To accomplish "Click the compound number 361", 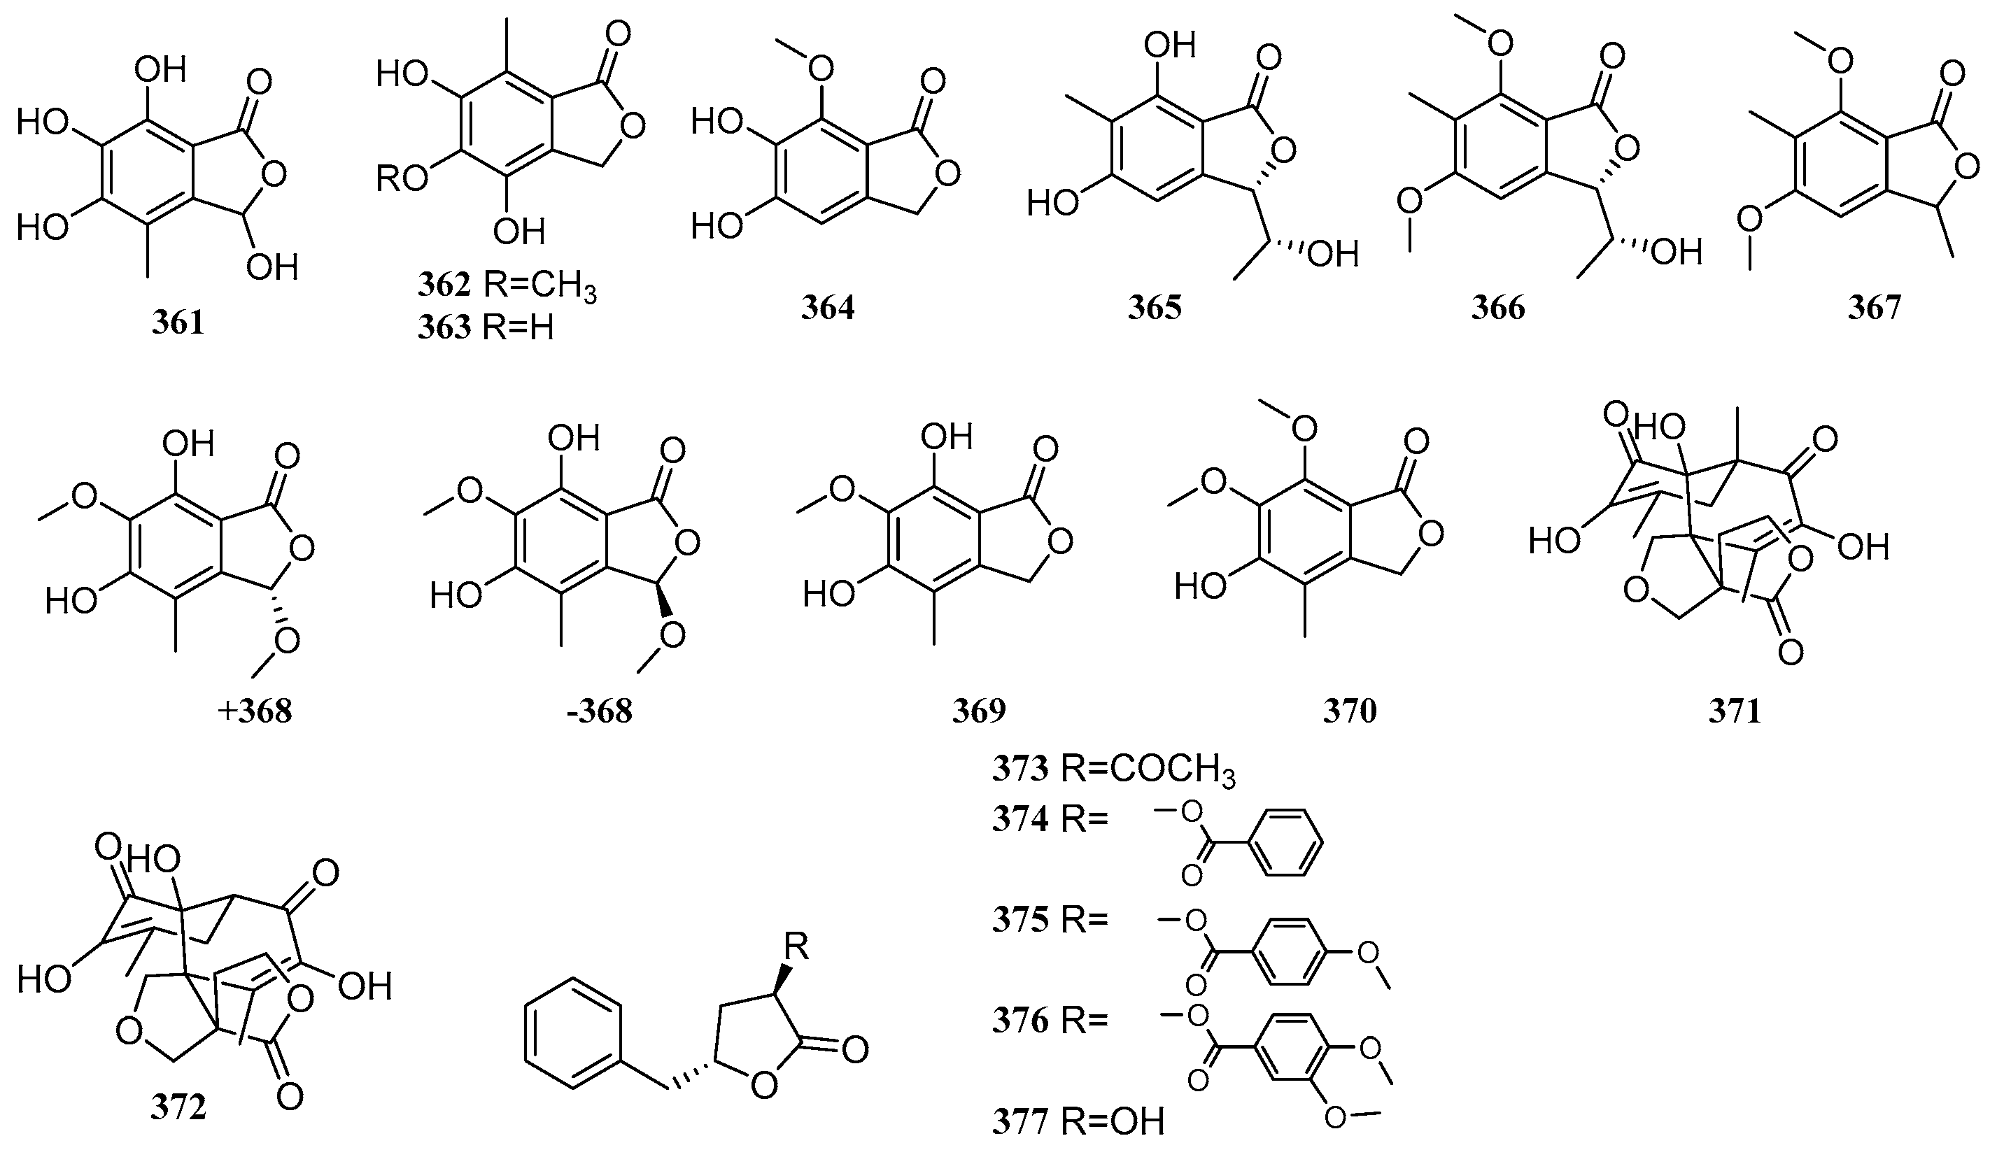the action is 178,323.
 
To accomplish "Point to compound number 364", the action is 827,308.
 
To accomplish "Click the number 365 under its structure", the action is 1154,308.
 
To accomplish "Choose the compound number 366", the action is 1497,308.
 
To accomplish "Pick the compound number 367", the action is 1874,308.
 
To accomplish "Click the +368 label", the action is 255,711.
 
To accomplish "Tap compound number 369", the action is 979,711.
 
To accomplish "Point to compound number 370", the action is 1350,711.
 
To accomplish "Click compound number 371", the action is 1735,711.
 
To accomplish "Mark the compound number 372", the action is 178,1108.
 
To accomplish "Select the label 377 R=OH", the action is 1078,1122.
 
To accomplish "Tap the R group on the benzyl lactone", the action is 796,948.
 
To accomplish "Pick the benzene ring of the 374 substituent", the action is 1287,842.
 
